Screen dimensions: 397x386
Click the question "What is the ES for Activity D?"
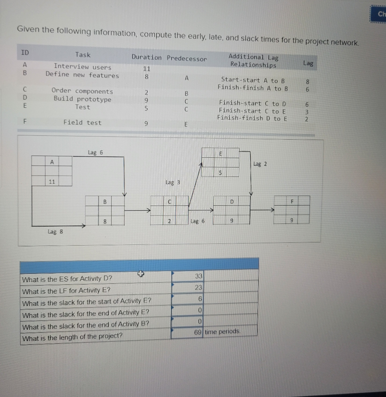point(67,279)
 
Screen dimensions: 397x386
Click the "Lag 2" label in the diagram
point(260,164)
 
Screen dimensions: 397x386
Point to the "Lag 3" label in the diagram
point(173,182)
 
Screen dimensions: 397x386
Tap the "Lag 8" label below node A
point(55,231)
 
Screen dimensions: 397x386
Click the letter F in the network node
point(291,201)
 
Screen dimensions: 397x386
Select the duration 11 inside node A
point(52,182)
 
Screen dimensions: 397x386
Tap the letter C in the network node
point(169,202)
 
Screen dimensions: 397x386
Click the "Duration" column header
point(146,57)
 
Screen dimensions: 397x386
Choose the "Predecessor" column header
point(187,58)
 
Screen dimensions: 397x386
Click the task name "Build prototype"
point(82,99)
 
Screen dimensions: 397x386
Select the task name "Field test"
point(82,123)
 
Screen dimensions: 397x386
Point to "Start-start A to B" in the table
point(253,80)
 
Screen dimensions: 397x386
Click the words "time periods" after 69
point(222,332)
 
